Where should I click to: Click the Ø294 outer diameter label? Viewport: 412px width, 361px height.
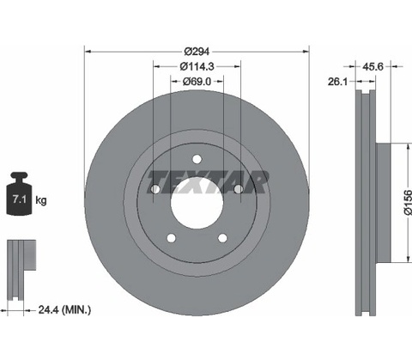197,52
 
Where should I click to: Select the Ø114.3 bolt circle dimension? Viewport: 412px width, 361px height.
197,66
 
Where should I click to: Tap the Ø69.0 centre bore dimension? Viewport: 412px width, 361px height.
197,82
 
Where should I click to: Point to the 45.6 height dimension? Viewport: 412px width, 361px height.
373,66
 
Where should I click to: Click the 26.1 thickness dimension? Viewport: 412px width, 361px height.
337,82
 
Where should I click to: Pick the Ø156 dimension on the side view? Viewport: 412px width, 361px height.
408,202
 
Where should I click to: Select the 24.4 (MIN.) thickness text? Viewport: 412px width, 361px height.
64,309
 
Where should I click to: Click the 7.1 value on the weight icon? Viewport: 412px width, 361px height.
19,199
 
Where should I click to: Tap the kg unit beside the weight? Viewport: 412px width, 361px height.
41,200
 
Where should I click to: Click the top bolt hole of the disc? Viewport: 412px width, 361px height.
197,159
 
